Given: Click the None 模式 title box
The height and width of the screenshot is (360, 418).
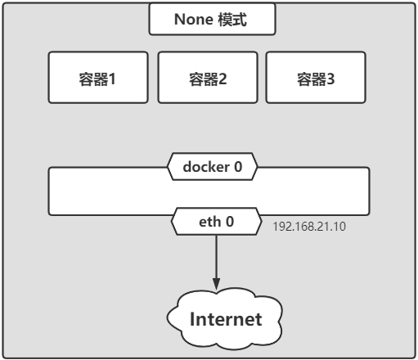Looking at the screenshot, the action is tap(212, 19).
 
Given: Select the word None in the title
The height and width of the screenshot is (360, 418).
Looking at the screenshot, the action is tap(194, 20).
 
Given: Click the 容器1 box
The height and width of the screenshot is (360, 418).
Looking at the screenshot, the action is tap(98, 78).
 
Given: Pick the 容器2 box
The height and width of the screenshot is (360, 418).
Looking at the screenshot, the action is tap(208, 78).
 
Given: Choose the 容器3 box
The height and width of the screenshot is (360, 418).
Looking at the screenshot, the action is tap(316, 78).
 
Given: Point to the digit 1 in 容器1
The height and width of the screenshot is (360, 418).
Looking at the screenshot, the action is tap(112, 79).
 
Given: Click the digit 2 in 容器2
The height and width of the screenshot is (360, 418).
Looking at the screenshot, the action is tap(222, 79).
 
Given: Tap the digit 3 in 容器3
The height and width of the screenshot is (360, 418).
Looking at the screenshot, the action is tap(330, 79).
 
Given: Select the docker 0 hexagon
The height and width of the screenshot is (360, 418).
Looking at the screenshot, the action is tap(212, 167).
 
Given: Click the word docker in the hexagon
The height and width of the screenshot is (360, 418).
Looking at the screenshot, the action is tap(206, 167).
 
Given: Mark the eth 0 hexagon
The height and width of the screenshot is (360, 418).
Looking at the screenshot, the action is tap(217, 221).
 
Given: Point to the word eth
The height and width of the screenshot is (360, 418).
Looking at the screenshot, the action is tap(209, 222).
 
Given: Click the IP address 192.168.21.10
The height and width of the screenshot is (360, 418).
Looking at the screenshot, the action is tap(309, 227).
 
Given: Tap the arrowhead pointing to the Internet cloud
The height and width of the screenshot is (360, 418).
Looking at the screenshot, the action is tap(217, 284).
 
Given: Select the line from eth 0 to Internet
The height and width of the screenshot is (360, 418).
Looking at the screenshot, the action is tap(217, 263).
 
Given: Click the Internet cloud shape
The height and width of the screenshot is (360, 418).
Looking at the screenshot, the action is tap(224, 319).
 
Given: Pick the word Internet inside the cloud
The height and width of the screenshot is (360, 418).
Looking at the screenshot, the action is tap(226, 319).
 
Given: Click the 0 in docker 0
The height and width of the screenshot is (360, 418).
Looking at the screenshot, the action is tap(238, 167).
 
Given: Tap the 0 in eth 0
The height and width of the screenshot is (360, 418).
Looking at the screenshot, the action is tap(230, 222).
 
